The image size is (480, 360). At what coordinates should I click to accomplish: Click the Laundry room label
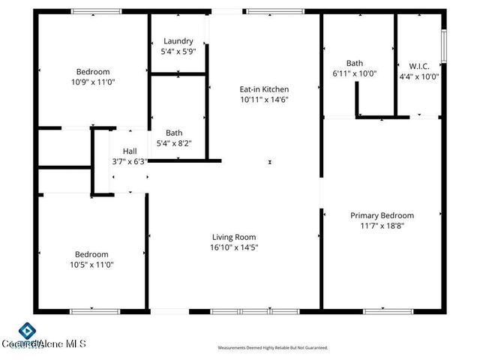coord(177,41)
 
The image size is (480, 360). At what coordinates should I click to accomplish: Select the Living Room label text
coord(235,236)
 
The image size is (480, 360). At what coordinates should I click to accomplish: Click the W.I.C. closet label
coord(419,64)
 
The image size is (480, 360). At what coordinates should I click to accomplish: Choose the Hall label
coord(130,150)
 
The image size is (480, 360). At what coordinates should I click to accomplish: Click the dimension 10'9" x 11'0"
coord(93,82)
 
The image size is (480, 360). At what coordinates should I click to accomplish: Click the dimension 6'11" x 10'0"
coord(355,73)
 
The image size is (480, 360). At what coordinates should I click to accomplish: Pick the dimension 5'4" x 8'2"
coord(174,142)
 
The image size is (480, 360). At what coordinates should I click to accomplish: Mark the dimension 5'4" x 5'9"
coord(177,52)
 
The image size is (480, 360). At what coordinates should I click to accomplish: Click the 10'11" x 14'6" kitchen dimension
coord(265,99)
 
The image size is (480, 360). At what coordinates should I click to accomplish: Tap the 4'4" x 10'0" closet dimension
coord(419,75)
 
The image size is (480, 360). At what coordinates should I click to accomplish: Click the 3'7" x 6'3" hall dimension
coord(130,160)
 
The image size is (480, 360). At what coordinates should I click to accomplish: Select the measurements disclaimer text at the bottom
coord(273,348)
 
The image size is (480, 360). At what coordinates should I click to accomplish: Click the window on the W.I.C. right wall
coord(444,46)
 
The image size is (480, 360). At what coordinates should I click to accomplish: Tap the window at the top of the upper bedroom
coord(96,12)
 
